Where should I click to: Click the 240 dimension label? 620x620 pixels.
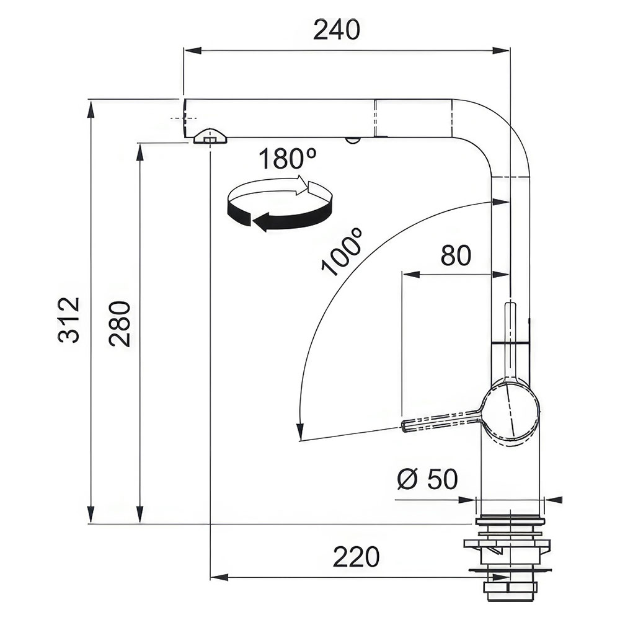(x=337, y=30)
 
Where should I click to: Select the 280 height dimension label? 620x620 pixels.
(x=120, y=324)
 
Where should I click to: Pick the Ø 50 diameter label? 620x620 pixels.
(x=427, y=479)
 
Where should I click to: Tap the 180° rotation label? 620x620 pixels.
(x=288, y=158)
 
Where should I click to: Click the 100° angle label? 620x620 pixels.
(x=342, y=252)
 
